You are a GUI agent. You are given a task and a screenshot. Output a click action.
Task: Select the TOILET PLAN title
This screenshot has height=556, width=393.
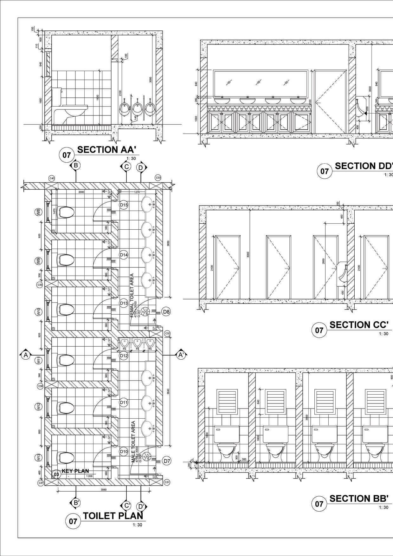113,515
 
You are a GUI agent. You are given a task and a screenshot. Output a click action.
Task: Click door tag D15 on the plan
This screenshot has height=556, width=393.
124,205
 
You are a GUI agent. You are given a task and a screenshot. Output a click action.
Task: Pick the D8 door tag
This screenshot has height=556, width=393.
166,312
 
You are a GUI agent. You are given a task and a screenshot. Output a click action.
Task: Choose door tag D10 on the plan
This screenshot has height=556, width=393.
124,452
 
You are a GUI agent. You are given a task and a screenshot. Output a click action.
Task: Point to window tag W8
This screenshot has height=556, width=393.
38,212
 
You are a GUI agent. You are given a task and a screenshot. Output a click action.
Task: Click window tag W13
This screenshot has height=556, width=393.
38,458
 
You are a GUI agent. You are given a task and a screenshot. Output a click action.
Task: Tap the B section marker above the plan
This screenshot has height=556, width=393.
75,165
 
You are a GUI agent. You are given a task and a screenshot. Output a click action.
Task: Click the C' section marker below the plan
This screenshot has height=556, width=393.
126,505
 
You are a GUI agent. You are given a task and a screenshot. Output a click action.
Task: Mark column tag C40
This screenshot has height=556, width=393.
52,179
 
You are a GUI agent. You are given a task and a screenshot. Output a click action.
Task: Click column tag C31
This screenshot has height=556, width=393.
167,482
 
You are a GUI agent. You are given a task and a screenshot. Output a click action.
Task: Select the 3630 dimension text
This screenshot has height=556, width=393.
169,243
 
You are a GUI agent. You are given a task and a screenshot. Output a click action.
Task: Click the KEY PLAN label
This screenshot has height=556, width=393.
75,471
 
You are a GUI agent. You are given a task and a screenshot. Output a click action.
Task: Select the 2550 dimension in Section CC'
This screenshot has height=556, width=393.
323,261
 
